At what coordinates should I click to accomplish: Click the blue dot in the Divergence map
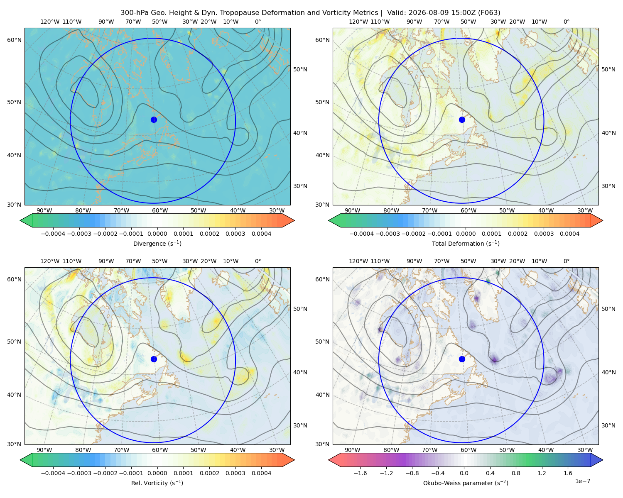(x=154, y=120)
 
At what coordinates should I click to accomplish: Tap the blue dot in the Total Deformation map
(x=462, y=120)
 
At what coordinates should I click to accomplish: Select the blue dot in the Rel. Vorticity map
(x=154, y=359)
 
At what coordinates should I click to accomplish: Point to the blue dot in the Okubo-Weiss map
(x=462, y=359)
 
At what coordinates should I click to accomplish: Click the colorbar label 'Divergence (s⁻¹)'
(x=157, y=244)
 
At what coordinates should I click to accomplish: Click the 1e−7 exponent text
(x=582, y=481)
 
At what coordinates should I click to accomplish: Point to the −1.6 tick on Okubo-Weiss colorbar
(x=360, y=473)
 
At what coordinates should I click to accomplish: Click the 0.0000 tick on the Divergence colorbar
(x=157, y=234)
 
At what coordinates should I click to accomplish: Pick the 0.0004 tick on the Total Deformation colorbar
(x=570, y=234)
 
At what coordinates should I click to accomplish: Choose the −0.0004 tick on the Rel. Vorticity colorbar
(x=53, y=473)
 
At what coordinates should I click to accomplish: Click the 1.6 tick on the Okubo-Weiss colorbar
(x=568, y=473)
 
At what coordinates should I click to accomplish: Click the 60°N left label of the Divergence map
(x=14, y=40)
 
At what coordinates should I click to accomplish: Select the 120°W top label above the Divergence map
(x=50, y=22)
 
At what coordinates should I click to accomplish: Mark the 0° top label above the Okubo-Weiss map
(x=566, y=261)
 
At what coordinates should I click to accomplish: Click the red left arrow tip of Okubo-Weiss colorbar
(x=329, y=460)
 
